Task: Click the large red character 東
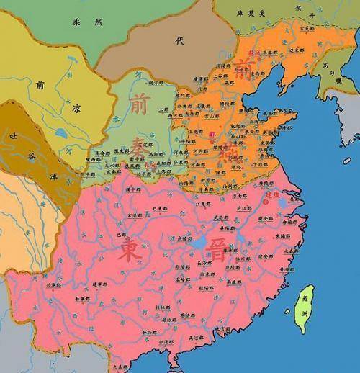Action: (x=127, y=250)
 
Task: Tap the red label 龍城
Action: (x=253, y=53)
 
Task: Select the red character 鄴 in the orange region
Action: (x=212, y=134)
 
